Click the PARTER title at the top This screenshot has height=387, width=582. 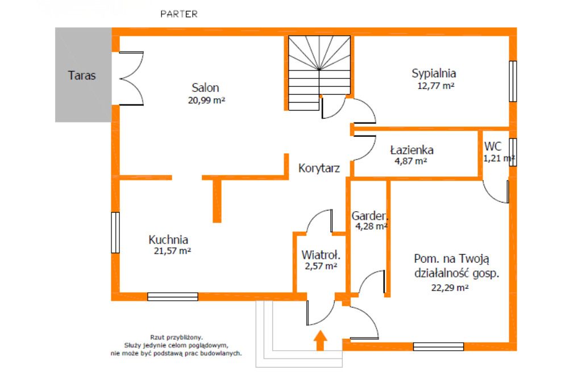179,14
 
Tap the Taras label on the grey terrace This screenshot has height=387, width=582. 82,75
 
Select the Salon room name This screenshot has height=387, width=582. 205,88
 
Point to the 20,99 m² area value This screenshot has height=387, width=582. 206,100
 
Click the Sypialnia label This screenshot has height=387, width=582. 434,73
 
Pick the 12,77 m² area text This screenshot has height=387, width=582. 436,86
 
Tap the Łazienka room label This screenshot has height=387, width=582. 411,150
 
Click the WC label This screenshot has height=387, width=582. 493,146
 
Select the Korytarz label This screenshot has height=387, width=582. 319,169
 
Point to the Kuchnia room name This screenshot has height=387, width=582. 168,239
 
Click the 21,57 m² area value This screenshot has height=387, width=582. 172,251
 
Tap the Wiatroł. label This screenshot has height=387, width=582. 321,255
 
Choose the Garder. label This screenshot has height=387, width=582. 369,216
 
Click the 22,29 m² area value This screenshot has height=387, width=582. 450,287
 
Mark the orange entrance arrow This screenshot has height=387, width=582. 320,340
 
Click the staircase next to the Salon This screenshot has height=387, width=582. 319,73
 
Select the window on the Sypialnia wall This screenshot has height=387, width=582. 513,81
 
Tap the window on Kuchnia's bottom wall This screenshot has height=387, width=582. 173,297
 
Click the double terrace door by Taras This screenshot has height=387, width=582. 131,78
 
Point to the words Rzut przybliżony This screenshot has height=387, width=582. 176,337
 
